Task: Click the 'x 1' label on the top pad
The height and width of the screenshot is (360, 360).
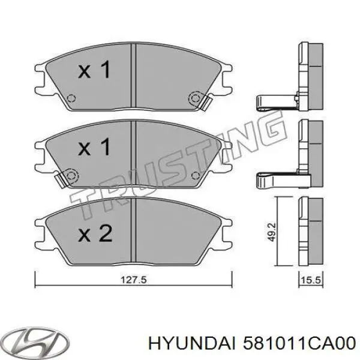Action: pos(95,71)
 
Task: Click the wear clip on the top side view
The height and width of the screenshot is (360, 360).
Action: pos(276,101)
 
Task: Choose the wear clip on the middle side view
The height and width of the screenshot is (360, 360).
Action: pos(276,178)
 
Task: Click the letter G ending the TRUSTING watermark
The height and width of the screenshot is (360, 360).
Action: pos(274,128)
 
